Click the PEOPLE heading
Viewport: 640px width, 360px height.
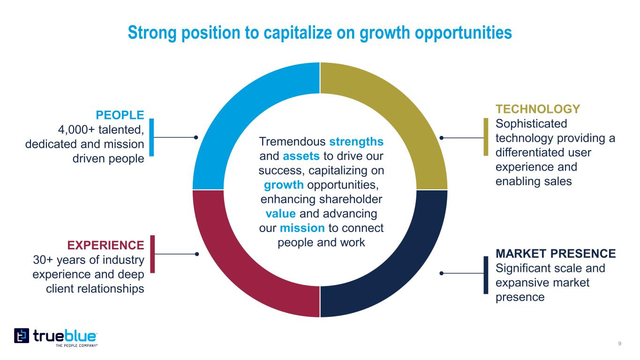120,115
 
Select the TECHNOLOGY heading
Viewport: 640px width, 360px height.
538,109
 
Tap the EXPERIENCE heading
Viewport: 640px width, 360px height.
105,245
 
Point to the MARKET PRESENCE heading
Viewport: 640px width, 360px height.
556,254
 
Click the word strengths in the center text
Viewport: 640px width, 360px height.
356,142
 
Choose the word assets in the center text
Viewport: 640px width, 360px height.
301,156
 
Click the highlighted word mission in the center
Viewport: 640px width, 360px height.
302,228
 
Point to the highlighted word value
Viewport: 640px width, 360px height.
280,214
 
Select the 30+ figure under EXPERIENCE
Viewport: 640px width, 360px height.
43,260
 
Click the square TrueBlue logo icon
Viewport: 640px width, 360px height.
22,336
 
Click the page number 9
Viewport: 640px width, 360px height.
619,344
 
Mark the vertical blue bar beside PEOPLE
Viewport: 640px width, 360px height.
152,137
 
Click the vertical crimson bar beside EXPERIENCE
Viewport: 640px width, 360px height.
152,254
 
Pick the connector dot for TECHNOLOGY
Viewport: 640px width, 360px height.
441,138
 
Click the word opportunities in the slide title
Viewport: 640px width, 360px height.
463,33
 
